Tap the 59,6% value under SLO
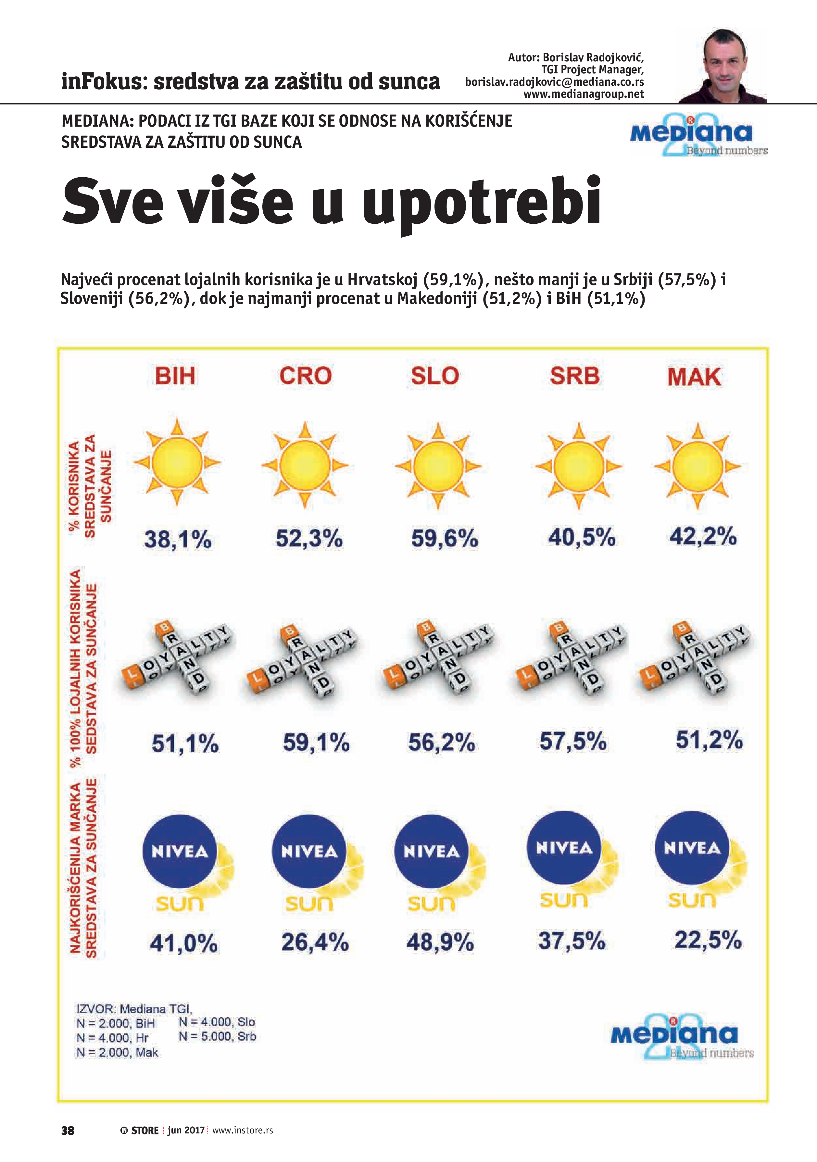[444, 539]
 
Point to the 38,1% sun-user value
[178, 540]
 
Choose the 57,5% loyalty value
[572, 742]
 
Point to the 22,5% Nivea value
[708, 940]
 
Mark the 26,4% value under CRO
[315, 942]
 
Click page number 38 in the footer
[68, 1131]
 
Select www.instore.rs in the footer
[243, 1130]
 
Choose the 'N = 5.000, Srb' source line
[217, 1036]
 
